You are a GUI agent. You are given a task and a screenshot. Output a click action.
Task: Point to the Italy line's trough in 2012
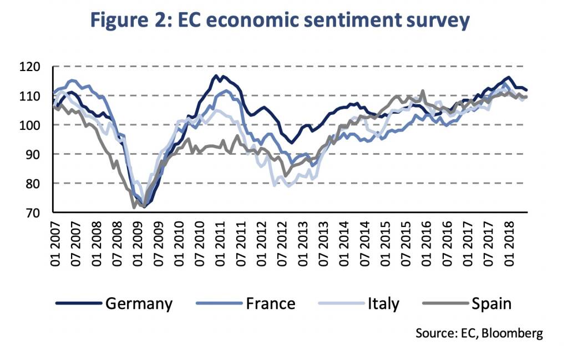(x=288, y=186)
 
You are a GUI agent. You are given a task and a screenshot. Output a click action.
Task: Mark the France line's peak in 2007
(x=71, y=80)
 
